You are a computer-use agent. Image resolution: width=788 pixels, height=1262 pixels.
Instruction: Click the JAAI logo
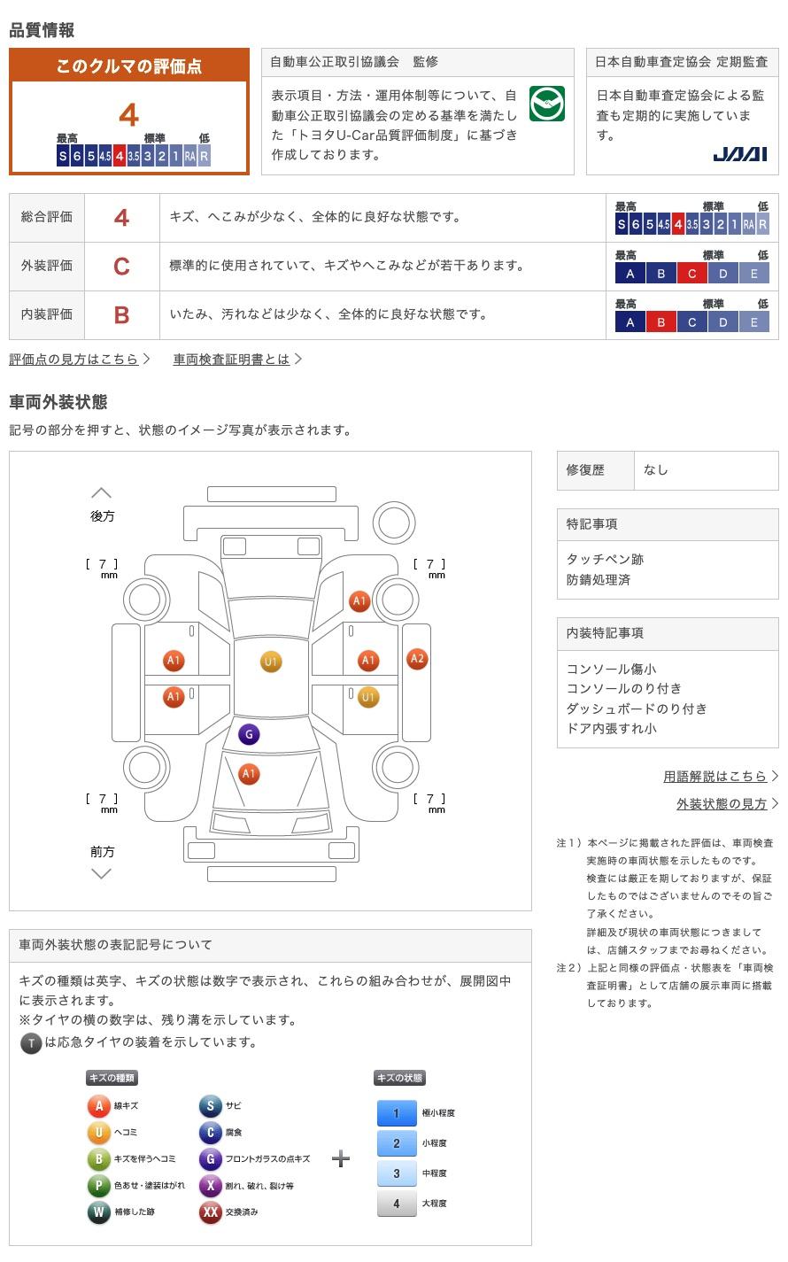(739, 154)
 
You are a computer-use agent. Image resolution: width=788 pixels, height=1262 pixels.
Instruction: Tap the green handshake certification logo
(546, 104)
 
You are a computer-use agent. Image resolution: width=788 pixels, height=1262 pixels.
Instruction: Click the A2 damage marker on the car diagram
(417, 659)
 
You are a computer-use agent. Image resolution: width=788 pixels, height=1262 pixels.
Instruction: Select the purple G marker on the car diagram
(249, 734)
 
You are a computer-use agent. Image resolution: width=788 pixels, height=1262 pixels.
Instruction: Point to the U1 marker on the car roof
(271, 662)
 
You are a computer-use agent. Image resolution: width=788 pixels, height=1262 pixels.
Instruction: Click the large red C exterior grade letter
(121, 267)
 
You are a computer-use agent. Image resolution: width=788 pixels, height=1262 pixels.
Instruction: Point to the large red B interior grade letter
(121, 315)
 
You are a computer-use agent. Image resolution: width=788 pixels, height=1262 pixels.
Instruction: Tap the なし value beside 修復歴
(655, 470)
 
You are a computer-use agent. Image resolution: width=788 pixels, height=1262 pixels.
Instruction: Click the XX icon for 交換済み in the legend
(210, 1212)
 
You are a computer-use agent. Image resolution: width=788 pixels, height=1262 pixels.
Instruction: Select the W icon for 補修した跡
(99, 1212)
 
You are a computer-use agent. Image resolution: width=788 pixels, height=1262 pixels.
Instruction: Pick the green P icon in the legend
(99, 1185)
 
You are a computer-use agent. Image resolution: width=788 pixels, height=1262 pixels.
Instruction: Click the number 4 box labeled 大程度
(397, 1203)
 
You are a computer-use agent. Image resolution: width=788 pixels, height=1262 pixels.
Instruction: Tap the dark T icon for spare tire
(31, 1043)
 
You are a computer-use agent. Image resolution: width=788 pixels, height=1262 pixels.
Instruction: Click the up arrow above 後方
(102, 493)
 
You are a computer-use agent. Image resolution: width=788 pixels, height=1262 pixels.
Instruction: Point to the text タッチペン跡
(605, 559)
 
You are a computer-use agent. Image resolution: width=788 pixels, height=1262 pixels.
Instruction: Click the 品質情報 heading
(42, 30)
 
